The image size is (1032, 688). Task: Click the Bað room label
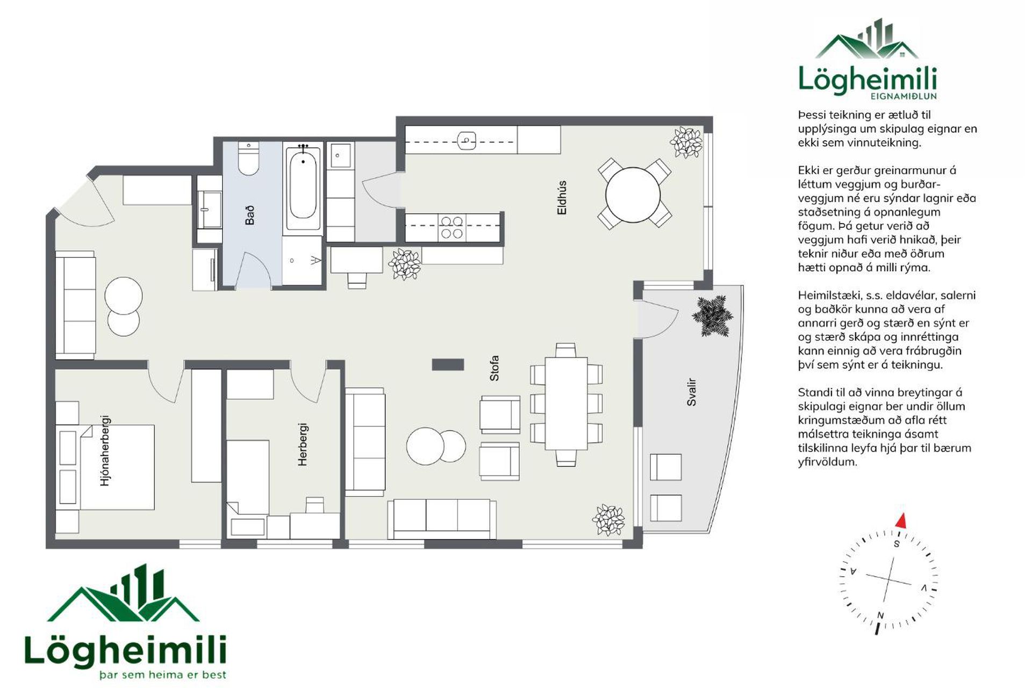[250, 215]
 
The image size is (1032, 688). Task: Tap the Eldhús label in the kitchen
[562, 198]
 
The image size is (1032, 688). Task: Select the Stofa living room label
[494, 368]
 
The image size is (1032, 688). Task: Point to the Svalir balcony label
[692, 392]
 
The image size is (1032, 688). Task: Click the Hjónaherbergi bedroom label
[105, 450]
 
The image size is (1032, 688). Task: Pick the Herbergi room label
[303, 445]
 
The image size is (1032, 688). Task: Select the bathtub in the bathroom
[303, 188]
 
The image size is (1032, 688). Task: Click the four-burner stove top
[452, 227]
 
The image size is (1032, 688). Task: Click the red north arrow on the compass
[901, 520]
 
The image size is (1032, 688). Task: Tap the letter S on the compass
[897, 544]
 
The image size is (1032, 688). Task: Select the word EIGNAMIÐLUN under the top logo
[904, 96]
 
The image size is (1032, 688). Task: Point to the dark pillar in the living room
[448, 364]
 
